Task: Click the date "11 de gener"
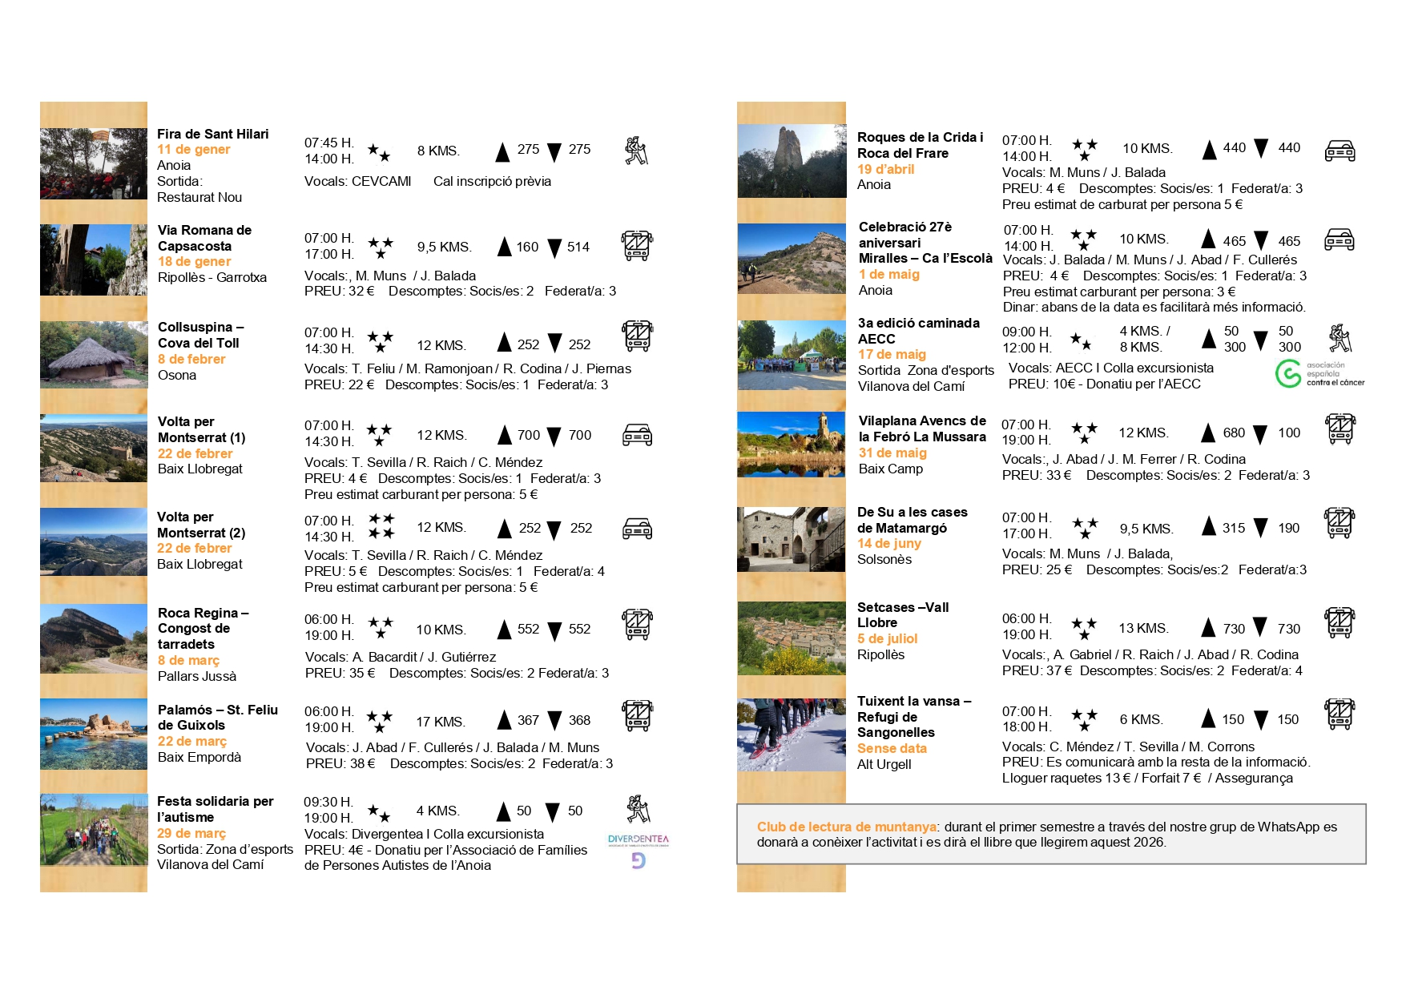coord(193,150)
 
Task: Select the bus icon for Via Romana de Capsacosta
coord(637,246)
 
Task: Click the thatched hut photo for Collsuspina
coord(94,355)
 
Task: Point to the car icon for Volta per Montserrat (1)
coord(637,435)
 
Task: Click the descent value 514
coord(578,247)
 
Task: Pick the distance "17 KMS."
coord(440,722)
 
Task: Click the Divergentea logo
coord(638,849)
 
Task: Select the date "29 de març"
coord(191,833)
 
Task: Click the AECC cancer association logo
coord(1319,374)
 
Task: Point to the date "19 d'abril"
coord(885,169)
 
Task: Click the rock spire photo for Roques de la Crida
coord(791,161)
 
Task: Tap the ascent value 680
coord(1234,433)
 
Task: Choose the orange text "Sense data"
coord(892,748)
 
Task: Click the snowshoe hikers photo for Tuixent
coord(791,734)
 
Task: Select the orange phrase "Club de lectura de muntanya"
coord(847,827)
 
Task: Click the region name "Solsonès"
coord(884,559)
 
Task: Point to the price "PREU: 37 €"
coord(1037,670)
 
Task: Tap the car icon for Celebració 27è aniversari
coord(1340,239)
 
